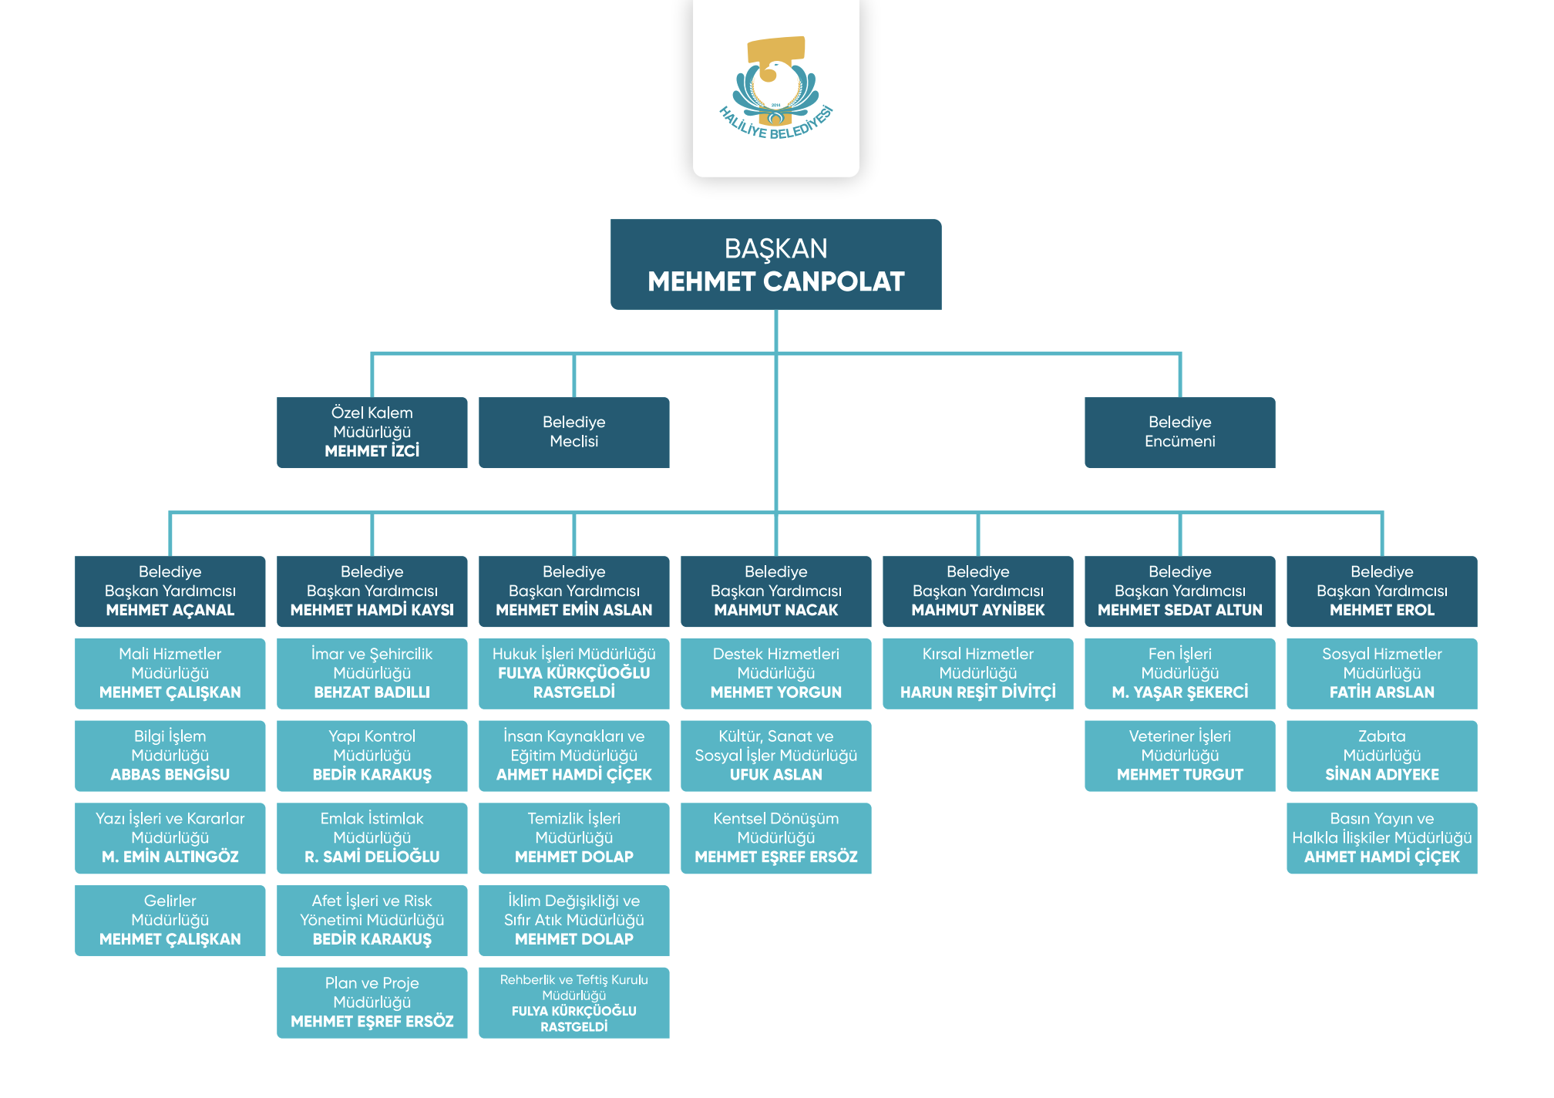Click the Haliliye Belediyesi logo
(775, 88)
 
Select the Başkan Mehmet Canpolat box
(775, 264)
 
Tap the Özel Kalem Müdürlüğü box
(372, 432)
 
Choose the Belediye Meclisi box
(573, 432)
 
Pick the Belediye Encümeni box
(1179, 432)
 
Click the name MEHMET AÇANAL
(170, 610)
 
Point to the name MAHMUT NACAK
(775, 610)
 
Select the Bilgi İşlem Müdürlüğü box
(170, 756)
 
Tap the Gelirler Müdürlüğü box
(170, 920)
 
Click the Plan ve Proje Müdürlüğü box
(372, 1002)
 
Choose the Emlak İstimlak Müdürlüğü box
(372, 837)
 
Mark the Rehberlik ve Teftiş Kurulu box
(573, 1002)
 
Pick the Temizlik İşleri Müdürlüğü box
(573, 837)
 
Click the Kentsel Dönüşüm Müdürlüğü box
(775, 837)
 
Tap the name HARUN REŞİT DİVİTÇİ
(977, 692)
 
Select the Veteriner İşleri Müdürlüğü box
(1179, 756)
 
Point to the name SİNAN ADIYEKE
(1381, 775)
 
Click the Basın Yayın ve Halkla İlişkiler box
(1381, 837)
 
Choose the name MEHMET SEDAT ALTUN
(1179, 610)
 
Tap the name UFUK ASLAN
(775, 775)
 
